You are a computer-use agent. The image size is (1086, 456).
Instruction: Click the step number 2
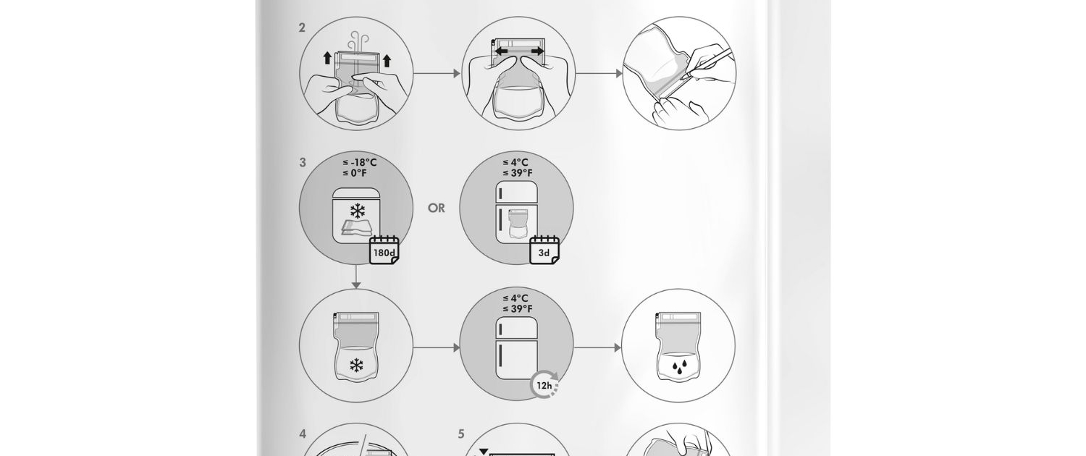click(x=302, y=28)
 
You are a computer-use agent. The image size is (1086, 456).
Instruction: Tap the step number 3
click(x=303, y=162)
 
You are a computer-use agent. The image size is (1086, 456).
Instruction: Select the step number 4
click(x=303, y=434)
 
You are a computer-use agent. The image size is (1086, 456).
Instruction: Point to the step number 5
click(x=461, y=434)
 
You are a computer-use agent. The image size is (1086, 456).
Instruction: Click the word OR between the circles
click(x=437, y=208)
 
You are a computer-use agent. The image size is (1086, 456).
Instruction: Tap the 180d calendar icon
click(x=384, y=250)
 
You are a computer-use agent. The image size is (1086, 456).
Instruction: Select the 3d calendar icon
click(x=544, y=250)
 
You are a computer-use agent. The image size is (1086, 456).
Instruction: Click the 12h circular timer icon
click(x=544, y=385)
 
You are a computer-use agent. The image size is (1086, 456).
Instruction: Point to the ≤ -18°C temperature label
click(x=359, y=162)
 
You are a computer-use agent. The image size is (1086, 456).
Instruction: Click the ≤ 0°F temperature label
click(x=355, y=173)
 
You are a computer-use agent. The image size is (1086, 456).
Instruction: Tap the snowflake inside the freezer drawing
click(x=358, y=211)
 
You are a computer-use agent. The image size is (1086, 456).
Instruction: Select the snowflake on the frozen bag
click(x=356, y=366)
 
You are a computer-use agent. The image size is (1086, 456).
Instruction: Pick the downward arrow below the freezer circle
click(x=356, y=276)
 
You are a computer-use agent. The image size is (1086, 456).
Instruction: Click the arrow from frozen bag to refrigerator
click(x=437, y=347)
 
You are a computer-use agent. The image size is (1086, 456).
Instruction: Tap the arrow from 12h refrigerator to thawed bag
click(x=597, y=347)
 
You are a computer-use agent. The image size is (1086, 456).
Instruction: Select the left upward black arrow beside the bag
click(x=328, y=58)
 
